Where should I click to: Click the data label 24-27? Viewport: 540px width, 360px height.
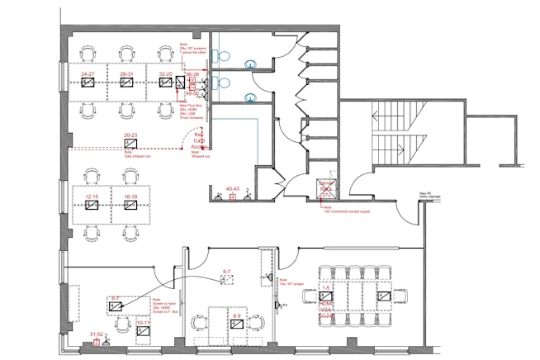pos(87,74)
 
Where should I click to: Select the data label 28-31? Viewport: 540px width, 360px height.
pos(127,74)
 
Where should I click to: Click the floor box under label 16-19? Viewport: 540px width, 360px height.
pos(130,205)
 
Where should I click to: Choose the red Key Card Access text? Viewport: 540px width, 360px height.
pos(198,140)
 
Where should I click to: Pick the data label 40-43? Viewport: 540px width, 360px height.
pos(232,189)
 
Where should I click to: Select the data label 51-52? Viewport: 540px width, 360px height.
pos(97,335)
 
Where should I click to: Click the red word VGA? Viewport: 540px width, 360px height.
pos(326,308)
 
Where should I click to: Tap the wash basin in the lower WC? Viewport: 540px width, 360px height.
pos(249,98)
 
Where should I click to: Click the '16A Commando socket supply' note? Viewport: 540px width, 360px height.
pos(339,211)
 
